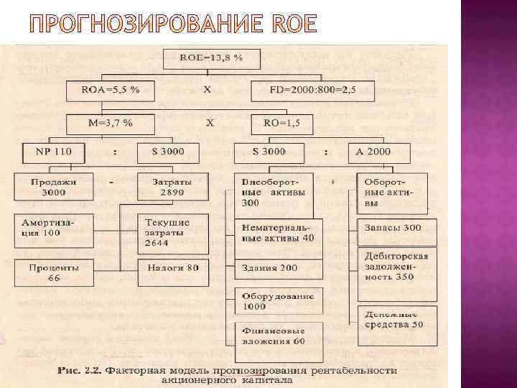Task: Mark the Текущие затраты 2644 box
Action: [172, 233]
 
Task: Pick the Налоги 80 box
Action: [172, 268]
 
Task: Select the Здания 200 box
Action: [279, 268]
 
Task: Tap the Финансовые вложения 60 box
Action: [279, 336]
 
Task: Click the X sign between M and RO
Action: [210, 123]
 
